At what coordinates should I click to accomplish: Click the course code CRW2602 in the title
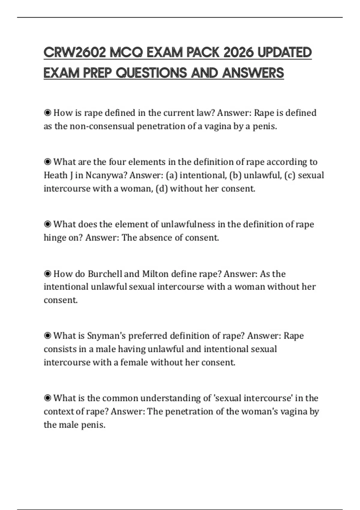click(x=75, y=53)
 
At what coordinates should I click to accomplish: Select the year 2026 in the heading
click(x=239, y=53)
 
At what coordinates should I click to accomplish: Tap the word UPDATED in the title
click(x=285, y=53)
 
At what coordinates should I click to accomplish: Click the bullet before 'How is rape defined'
click(x=47, y=113)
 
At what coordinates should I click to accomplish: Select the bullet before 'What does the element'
click(x=47, y=224)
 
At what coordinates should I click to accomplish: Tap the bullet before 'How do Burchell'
click(x=47, y=274)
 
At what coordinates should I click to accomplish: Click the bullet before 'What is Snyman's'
click(x=47, y=335)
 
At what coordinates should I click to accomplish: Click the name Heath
click(x=56, y=175)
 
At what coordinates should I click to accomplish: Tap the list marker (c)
click(x=289, y=175)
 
